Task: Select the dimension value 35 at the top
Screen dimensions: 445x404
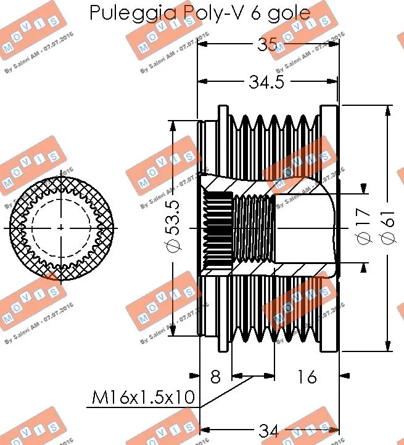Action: [267, 44]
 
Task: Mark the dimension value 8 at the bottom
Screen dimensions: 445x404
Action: [215, 376]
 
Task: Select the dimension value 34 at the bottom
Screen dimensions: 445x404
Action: [267, 431]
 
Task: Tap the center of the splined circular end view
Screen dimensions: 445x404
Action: [60, 228]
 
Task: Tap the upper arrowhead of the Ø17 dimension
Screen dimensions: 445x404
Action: [364, 189]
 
